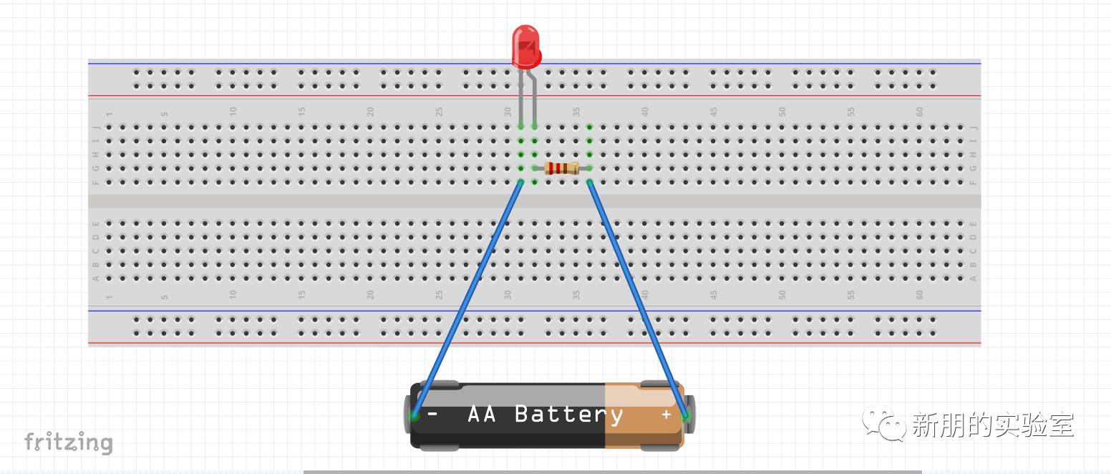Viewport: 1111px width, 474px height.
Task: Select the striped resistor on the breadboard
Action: [561, 168]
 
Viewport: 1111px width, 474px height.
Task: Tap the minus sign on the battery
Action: [432, 414]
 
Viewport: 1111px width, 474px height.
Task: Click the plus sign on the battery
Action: [666, 415]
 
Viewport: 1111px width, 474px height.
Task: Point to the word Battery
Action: [568, 415]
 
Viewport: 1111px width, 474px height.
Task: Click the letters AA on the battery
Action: [482, 415]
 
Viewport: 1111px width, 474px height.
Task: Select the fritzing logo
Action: [68, 442]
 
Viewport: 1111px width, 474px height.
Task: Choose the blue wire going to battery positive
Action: [637, 297]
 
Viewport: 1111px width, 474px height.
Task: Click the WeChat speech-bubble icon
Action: [884, 424]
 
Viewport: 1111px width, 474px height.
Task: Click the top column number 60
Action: [919, 112]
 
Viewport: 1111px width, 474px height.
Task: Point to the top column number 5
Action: [164, 113]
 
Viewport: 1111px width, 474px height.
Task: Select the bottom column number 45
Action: [714, 294]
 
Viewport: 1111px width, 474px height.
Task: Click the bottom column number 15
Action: [301, 294]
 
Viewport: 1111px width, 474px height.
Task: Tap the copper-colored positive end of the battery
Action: [641, 415]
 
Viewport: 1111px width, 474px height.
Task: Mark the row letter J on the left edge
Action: [96, 127]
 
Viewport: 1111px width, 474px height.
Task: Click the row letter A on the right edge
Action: [973, 279]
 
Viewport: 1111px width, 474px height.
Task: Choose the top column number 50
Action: [782, 112]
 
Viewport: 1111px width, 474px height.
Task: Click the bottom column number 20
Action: [370, 294]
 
